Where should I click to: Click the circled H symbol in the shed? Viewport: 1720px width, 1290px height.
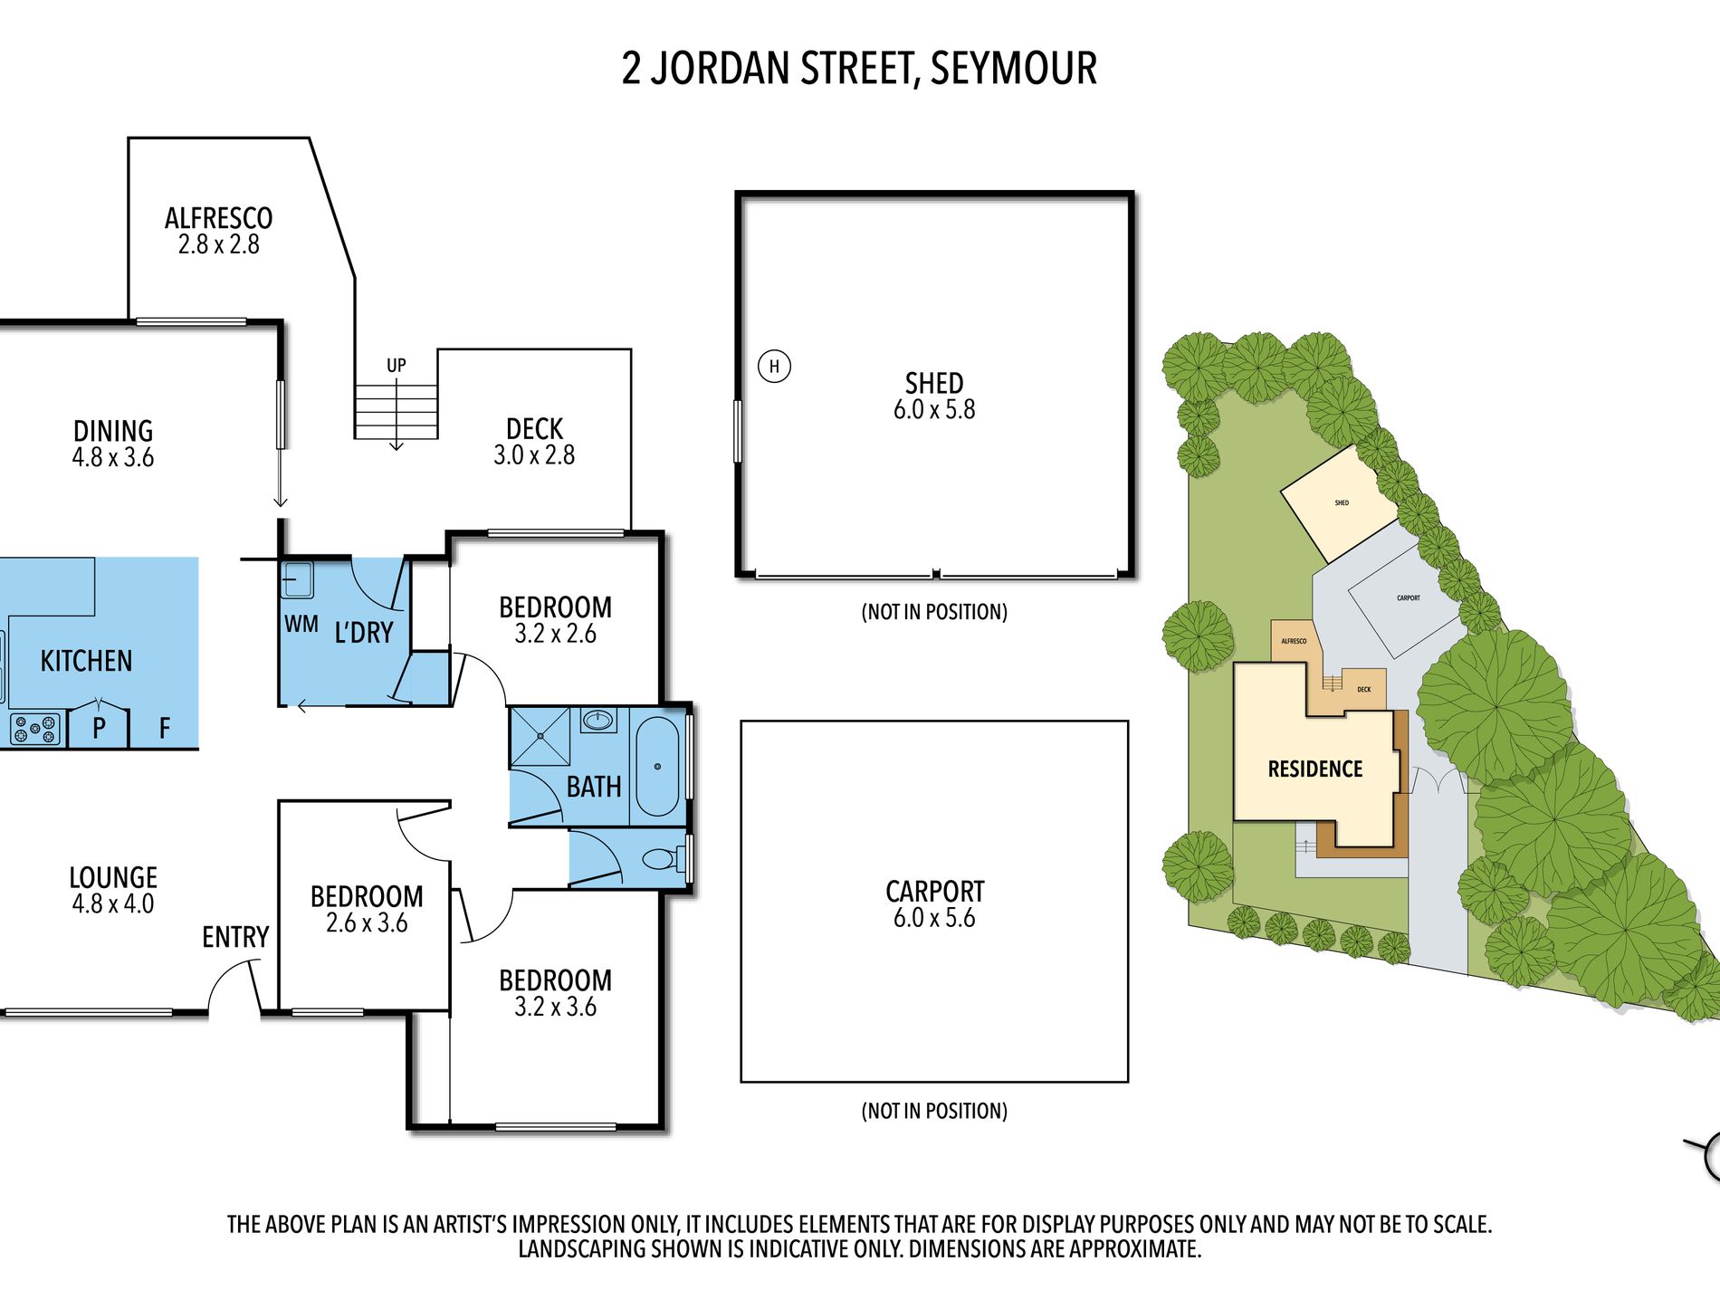(774, 367)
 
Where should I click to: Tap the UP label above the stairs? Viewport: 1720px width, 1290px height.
(397, 366)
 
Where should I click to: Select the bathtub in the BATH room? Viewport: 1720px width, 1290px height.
(657, 767)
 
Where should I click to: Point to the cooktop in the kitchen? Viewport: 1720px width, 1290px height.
(35, 729)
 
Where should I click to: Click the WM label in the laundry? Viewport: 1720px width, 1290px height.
(301, 625)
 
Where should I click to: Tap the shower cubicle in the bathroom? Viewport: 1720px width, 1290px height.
(540, 737)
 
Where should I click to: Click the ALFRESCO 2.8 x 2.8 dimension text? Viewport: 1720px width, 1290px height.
(218, 245)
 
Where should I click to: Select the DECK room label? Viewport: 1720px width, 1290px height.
(534, 429)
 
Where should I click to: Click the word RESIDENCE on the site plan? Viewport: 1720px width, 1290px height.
(1314, 769)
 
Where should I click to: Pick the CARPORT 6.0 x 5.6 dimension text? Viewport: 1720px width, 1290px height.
(934, 918)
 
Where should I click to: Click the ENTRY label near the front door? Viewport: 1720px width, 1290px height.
(235, 937)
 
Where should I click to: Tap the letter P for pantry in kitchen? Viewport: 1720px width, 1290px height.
(99, 727)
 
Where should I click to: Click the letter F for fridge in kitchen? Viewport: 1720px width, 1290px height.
(165, 728)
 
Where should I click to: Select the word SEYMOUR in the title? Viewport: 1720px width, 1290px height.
(1014, 69)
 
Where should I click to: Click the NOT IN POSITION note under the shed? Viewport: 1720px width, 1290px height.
(934, 612)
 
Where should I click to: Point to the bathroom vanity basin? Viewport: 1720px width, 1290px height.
(597, 721)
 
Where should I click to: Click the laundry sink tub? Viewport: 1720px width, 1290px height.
(296, 579)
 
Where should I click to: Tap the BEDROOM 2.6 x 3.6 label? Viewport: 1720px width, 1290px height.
(367, 909)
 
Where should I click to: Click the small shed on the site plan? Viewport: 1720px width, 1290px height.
(1340, 503)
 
